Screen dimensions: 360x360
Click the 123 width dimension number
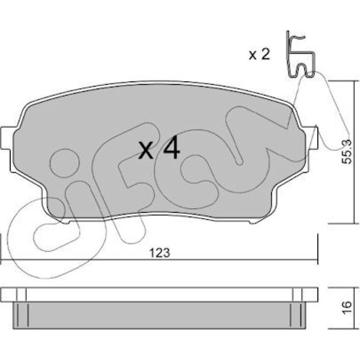(x=160, y=253)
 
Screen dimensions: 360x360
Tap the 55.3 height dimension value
(x=347, y=152)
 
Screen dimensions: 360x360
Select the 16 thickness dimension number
(x=347, y=304)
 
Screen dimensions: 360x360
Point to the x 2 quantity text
(x=259, y=55)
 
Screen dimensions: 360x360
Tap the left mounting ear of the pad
(x=6, y=138)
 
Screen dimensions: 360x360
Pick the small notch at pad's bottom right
(x=253, y=222)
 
